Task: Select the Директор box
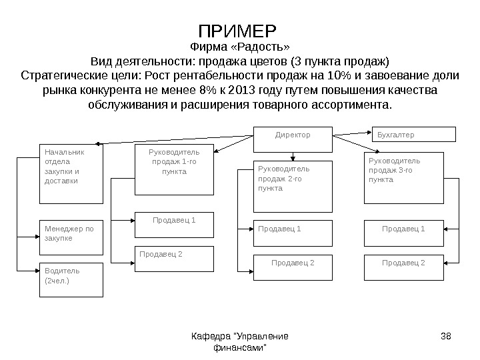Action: coord(293,135)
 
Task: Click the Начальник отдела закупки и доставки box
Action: coord(71,173)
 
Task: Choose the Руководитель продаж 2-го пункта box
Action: coord(294,185)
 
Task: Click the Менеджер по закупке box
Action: coord(71,237)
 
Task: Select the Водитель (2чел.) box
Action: coord(71,279)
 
